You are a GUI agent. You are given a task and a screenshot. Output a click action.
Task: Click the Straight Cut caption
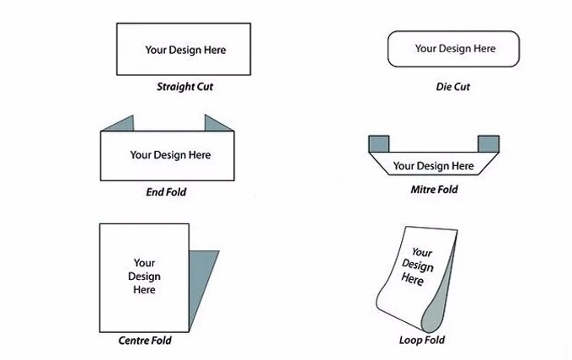184,87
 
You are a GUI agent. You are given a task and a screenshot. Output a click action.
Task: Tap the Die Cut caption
452,87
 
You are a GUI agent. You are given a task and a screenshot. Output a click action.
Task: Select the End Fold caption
166,192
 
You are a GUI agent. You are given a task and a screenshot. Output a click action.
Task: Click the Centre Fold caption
145,341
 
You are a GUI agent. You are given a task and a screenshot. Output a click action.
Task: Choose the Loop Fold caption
422,341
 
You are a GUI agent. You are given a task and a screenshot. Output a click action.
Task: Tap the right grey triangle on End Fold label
217,124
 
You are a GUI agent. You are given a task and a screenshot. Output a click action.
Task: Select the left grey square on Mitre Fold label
378,143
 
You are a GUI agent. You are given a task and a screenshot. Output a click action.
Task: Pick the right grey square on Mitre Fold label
488,143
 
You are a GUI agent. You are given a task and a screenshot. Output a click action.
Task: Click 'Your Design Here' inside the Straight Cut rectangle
185,50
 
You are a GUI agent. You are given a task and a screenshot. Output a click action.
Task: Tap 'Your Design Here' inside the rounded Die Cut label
455,49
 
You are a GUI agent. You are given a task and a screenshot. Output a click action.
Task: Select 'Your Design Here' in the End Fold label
170,155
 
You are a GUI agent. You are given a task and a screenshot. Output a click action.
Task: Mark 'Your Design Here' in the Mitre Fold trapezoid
433,166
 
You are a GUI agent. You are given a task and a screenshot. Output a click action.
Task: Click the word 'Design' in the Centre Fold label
144,277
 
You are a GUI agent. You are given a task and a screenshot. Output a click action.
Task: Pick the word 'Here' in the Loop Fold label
412,280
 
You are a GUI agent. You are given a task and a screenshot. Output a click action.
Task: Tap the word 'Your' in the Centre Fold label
144,263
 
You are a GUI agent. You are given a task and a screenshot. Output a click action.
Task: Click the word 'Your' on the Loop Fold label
422,253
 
